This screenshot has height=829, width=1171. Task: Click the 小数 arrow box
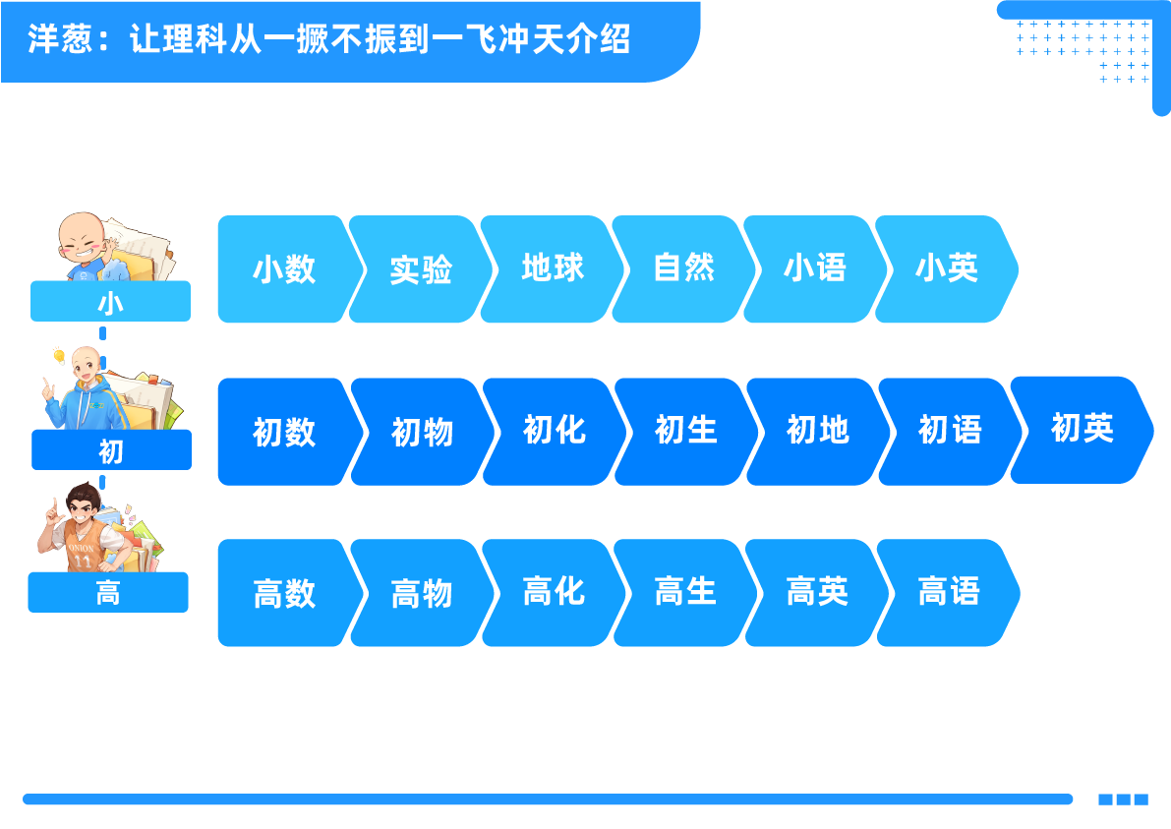[283, 269]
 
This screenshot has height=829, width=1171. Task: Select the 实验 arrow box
[420, 269]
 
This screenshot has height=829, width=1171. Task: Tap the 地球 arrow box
[553, 268]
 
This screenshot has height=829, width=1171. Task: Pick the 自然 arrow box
[683, 268]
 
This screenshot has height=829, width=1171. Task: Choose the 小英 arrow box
[946, 268]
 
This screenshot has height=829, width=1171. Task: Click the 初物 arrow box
[422, 432]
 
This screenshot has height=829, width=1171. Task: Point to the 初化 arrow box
[554, 431]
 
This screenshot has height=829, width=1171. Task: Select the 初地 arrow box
[817, 431]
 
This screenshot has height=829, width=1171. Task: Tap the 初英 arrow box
[1082, 429]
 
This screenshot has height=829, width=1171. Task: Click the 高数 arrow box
[283, 593]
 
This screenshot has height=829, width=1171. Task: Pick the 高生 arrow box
[684, 592]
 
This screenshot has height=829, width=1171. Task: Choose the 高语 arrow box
[948, 592]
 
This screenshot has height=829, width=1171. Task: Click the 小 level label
[110, 302]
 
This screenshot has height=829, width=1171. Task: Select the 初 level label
[111, 450]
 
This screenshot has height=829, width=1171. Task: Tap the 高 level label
[108, 593]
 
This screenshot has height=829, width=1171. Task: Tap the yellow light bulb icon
[59, 356]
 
